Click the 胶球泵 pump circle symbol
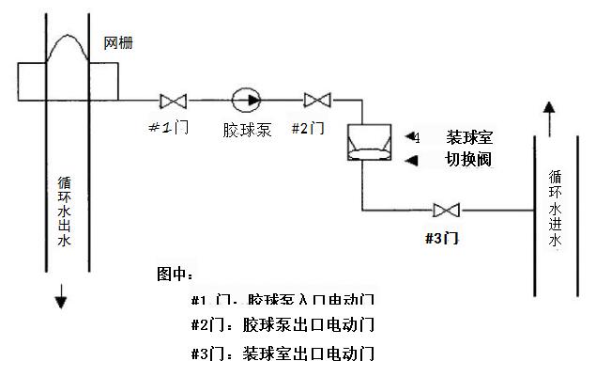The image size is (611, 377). [x=248, y=98]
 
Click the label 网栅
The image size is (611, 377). [x=118, y=44]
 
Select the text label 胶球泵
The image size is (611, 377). [x=247, y=129]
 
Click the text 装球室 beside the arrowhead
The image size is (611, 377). [x=468, y=137]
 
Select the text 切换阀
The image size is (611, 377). [x=468, y=160]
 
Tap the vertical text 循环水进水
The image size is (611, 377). [x=555, y=208]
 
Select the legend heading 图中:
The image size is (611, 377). [x=176, y=275]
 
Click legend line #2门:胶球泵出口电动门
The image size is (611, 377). [x=283, y=325]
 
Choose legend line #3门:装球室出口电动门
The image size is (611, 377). [x=283, y=354]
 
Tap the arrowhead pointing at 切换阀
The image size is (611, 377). [x=410, y=161]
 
